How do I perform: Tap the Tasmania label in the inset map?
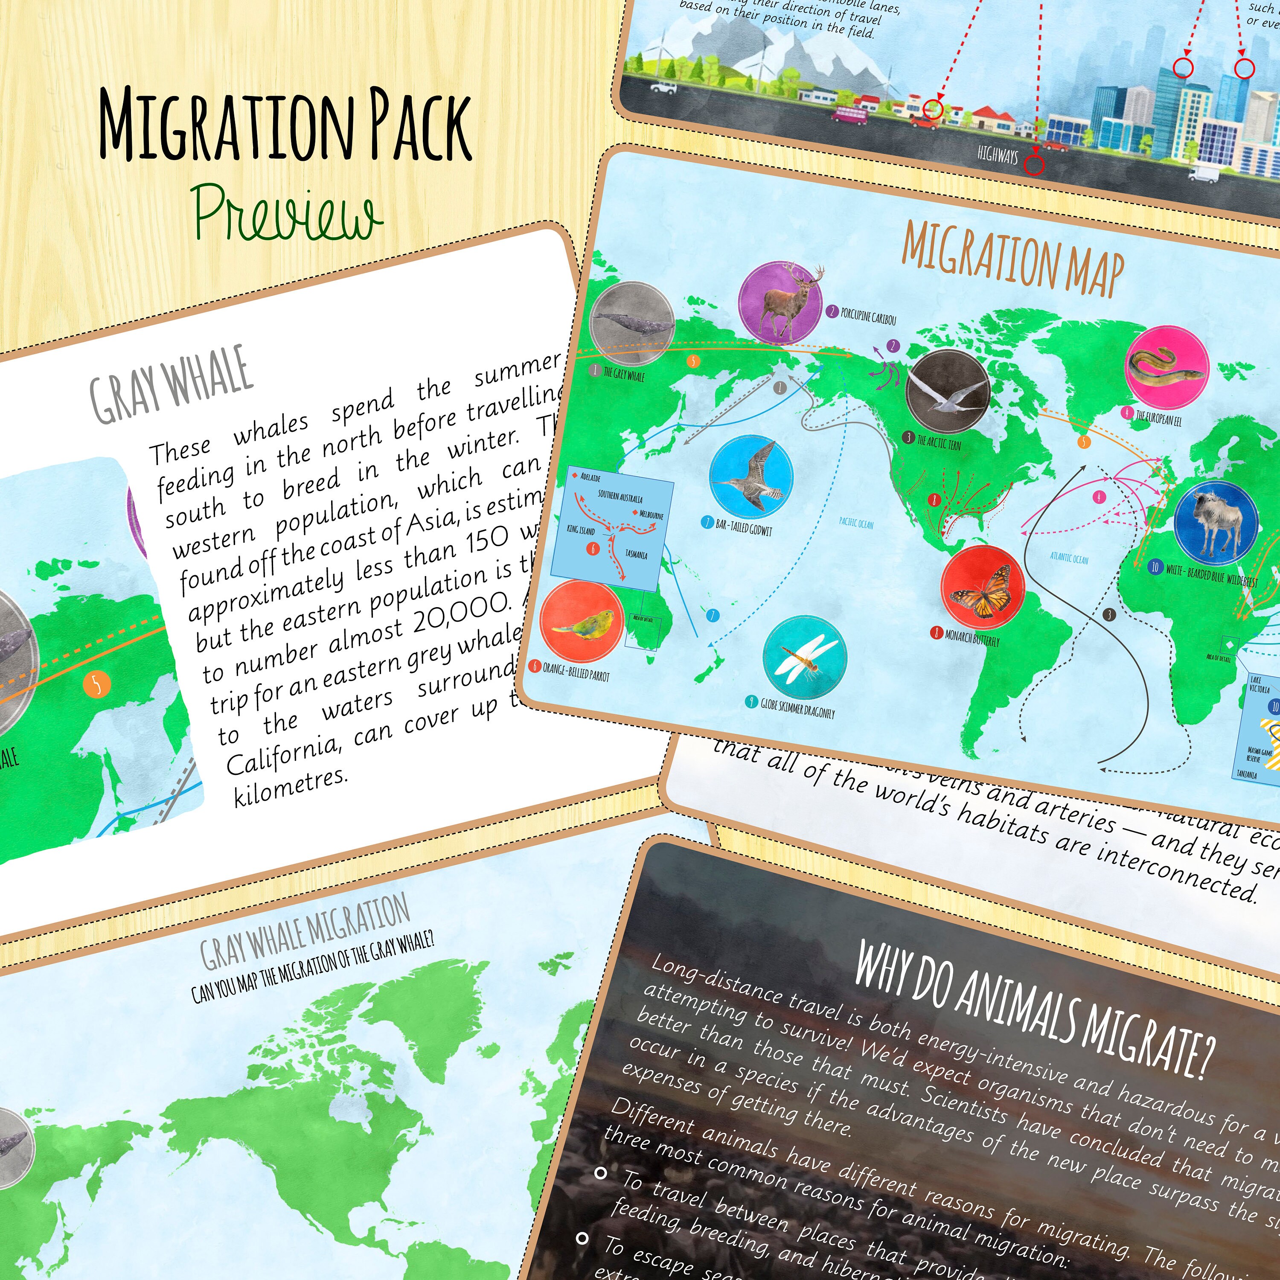(636, 554)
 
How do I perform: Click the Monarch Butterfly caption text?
(972, 638)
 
